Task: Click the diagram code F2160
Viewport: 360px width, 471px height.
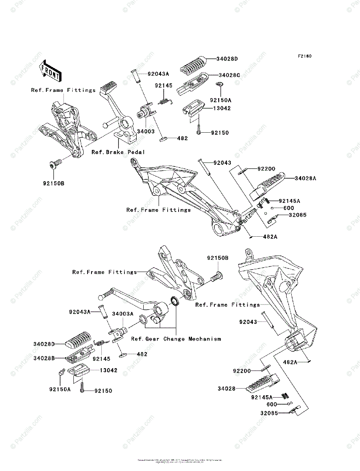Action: pos(304,57)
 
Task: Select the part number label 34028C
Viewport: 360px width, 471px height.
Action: pos(229,75)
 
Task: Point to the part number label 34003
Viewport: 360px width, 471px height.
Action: pos(145,131)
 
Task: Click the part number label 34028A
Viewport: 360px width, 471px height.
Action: pos(305,178)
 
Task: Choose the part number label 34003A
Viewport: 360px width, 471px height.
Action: pos(123,314)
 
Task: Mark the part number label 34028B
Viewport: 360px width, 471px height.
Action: pos(44,358)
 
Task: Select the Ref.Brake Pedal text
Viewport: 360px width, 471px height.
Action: pos(118,152)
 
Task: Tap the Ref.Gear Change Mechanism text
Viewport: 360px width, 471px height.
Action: pos(176,339)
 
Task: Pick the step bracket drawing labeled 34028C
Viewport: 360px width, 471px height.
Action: pos(190,84)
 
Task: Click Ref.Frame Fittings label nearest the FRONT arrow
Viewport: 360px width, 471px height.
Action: pos(63,90)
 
